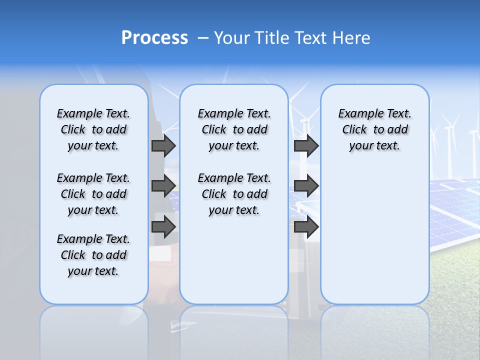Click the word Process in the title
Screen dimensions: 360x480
pos(154,37)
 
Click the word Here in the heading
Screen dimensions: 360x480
pos(352,38)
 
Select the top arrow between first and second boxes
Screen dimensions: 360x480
pos(163,145)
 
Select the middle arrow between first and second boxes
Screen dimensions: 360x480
pos(163,186)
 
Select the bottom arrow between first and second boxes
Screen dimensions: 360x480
pos(163,226)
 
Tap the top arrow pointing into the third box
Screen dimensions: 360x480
pos(306,145)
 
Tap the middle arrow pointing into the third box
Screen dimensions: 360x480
pos(306,186)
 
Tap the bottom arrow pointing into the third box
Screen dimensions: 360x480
pos(306,226)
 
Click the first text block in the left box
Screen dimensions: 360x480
pos(93,129)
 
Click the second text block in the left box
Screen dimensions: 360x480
pos(93,194)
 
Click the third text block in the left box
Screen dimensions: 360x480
pos(93,255)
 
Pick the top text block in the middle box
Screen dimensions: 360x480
pos(234,129)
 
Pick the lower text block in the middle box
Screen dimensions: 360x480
pos(234,194)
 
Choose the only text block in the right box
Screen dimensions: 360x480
pos(374,129)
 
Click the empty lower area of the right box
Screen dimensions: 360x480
pos(374,235)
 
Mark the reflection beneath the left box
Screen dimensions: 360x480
pos(93,325)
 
